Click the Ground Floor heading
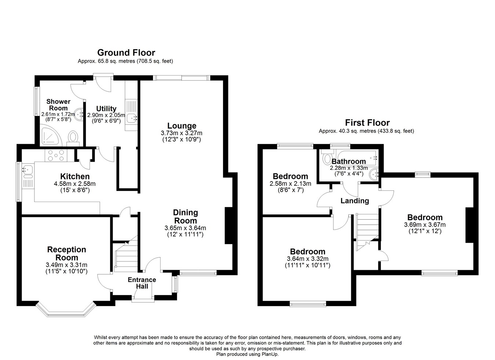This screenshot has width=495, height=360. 126,53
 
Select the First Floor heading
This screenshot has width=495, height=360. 367,123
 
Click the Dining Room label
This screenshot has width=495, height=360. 186,216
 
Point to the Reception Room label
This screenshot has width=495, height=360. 66,253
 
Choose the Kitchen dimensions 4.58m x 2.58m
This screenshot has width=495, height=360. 74,184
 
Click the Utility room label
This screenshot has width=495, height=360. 106,109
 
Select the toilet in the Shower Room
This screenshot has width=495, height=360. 73,138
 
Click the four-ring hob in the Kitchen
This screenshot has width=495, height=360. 55,155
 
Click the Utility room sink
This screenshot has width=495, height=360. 131,118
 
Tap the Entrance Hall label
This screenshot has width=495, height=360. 142,283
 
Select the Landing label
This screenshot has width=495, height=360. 355,201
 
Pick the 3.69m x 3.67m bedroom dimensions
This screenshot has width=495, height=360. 425,225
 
